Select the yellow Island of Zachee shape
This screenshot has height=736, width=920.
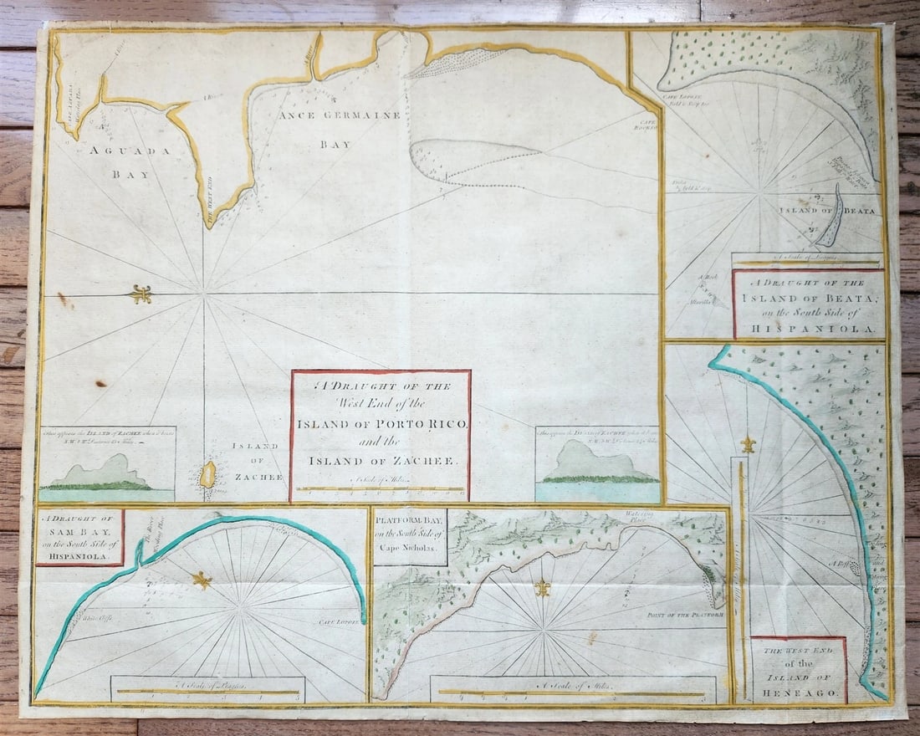pos(207,475)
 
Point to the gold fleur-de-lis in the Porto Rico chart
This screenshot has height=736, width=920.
pos(141,294)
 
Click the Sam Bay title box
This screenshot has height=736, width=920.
pos(79,537)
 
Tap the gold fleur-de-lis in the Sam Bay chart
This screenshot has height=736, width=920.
pos(202,579)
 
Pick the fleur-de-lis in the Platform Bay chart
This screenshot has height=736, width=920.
pos(543,587)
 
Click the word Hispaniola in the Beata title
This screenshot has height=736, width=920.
pos(809,328)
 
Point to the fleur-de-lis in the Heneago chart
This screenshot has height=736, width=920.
pos(748,445)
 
